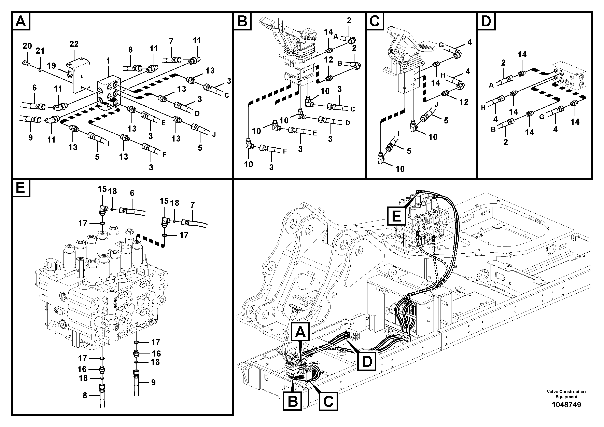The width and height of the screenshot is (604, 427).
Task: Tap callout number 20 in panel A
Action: point(27,46)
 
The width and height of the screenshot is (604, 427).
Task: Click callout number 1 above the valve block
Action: point(108,61)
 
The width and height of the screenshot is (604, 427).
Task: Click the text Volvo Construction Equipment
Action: point(566,394)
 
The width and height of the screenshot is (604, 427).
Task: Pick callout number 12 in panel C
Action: point(464,102)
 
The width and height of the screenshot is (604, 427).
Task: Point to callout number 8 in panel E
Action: point(85,395)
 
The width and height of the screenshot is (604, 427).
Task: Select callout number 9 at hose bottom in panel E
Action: point(153,382)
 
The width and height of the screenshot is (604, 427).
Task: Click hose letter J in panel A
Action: point(214,135)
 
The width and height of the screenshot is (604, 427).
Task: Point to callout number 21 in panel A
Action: point(40,51)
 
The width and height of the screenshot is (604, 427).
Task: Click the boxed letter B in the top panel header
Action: point(242,21)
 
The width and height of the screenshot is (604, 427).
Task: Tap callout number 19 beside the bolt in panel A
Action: point(52,66)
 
